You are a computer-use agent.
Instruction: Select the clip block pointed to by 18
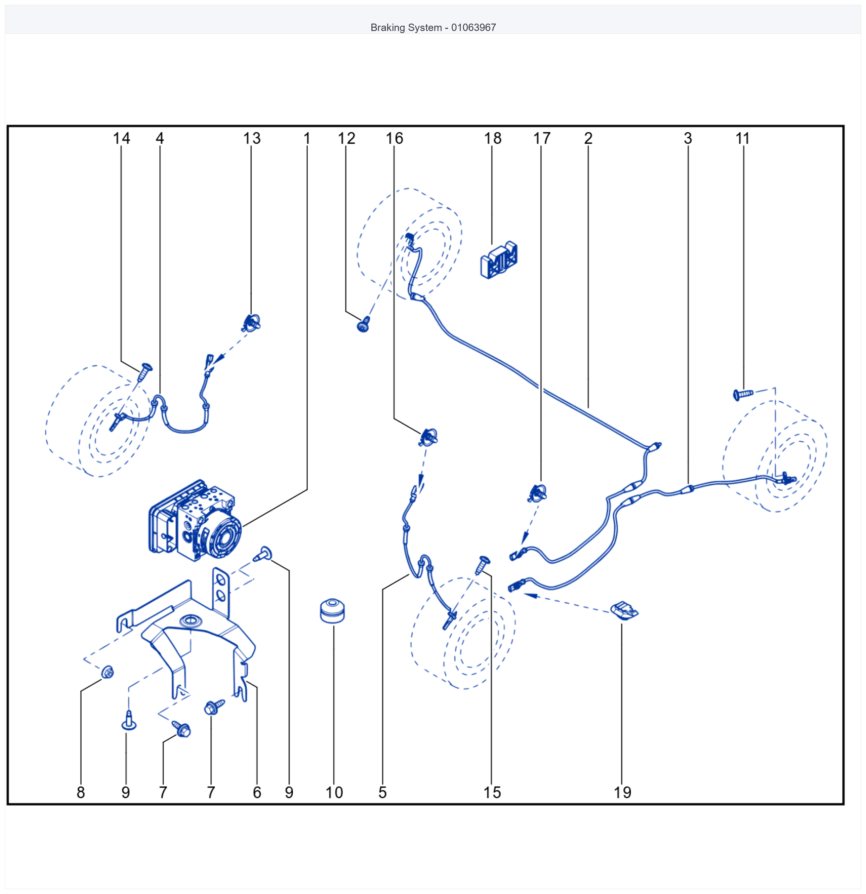[499, 260]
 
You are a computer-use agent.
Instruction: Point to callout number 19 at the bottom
[622, 792]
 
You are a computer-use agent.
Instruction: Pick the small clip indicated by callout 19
[624, 610]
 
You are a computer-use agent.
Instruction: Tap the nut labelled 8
[107, 672]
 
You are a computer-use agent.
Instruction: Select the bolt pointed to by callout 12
[364, 324]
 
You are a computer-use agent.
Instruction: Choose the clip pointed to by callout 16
[428, 437]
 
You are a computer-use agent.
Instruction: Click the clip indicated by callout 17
[538, 493]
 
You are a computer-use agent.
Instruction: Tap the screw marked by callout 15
[482, 565]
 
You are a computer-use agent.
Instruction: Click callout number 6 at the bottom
[257, 792]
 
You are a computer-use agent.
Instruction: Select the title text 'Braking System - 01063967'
[433, 27]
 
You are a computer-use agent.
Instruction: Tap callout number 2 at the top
[588, 138]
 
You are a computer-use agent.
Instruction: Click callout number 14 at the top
[121, 138]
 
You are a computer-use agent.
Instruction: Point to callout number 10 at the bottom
[334, 792]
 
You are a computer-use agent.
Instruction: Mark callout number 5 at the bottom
[382, 792]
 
